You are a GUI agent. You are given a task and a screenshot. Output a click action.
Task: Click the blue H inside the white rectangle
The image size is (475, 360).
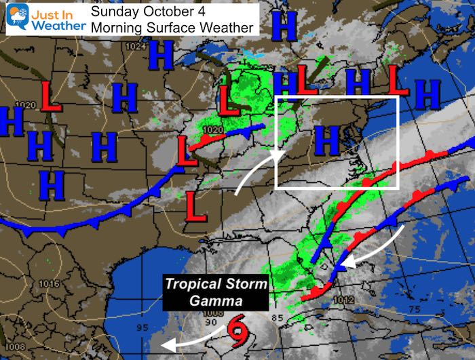[x=327, y=142]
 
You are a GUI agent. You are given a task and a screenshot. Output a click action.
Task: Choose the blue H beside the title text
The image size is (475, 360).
[x=283, y=26]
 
